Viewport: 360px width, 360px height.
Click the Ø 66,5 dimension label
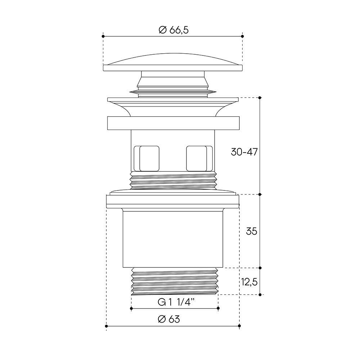tap(174, 30)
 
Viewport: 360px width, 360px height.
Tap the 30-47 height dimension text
tap(244, 152)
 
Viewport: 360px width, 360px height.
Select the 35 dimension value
tap(251, 231)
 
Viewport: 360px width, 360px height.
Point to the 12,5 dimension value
tap(249, 282)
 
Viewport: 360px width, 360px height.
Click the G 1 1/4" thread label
tap(176, 302)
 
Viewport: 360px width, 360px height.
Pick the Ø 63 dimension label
tap(169, 319)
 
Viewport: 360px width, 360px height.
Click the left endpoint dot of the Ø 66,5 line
tap(103, 36)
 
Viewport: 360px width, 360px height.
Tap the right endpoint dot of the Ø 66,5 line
tap(242, 36)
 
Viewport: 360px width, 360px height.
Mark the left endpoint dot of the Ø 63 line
tap(106, 326)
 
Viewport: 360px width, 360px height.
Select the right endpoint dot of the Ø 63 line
tap(239, 326)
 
